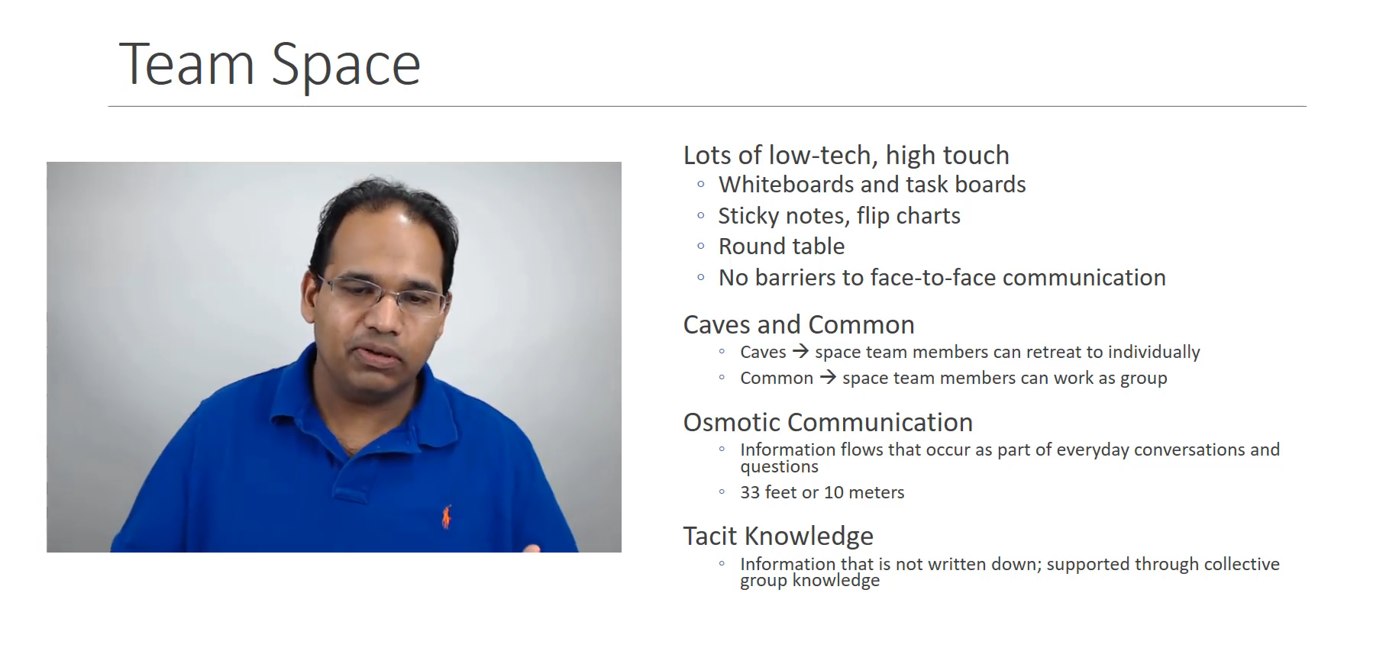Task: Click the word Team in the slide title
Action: coord(186,64)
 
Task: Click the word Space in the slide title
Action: coord(346,67)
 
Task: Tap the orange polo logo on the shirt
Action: coord(446,517)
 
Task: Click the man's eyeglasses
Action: coord(380,294)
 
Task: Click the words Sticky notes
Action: coord(783,217)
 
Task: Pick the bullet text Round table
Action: coord(781,247)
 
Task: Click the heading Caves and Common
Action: coord(799,325)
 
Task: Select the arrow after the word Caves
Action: coord(800,352)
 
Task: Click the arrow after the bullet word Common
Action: coord(828,378)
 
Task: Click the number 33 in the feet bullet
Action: coord(750,493)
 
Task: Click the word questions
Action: coord(779,468)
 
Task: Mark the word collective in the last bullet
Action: coord(1242,565)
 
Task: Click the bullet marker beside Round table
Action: coord(701,247)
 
